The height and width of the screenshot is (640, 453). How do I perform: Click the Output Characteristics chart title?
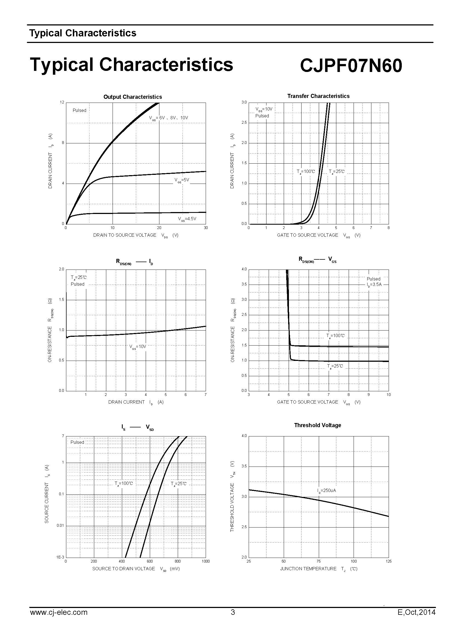133,97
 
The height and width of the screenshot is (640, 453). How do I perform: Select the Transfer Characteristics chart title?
318,96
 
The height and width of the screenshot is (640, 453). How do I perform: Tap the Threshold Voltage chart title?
317,425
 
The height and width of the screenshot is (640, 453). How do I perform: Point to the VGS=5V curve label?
182,180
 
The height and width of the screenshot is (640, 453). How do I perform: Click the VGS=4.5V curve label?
187,219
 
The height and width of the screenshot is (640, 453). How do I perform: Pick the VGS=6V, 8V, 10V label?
168,118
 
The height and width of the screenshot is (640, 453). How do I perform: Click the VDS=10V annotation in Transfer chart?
264,109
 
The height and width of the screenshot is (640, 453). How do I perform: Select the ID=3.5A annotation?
374,285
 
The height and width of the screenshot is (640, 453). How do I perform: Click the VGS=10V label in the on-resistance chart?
137,347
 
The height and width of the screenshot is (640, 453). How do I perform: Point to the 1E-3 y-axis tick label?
60,557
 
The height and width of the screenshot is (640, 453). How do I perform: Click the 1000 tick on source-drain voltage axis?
206,561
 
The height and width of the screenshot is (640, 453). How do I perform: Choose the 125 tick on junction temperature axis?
388,561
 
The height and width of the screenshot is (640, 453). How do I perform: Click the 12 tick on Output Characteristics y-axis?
62,102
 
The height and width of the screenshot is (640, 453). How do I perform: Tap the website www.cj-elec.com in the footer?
59,612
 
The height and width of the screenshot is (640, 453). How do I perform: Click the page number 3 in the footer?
233,612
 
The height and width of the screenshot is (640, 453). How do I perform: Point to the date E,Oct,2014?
416,612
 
